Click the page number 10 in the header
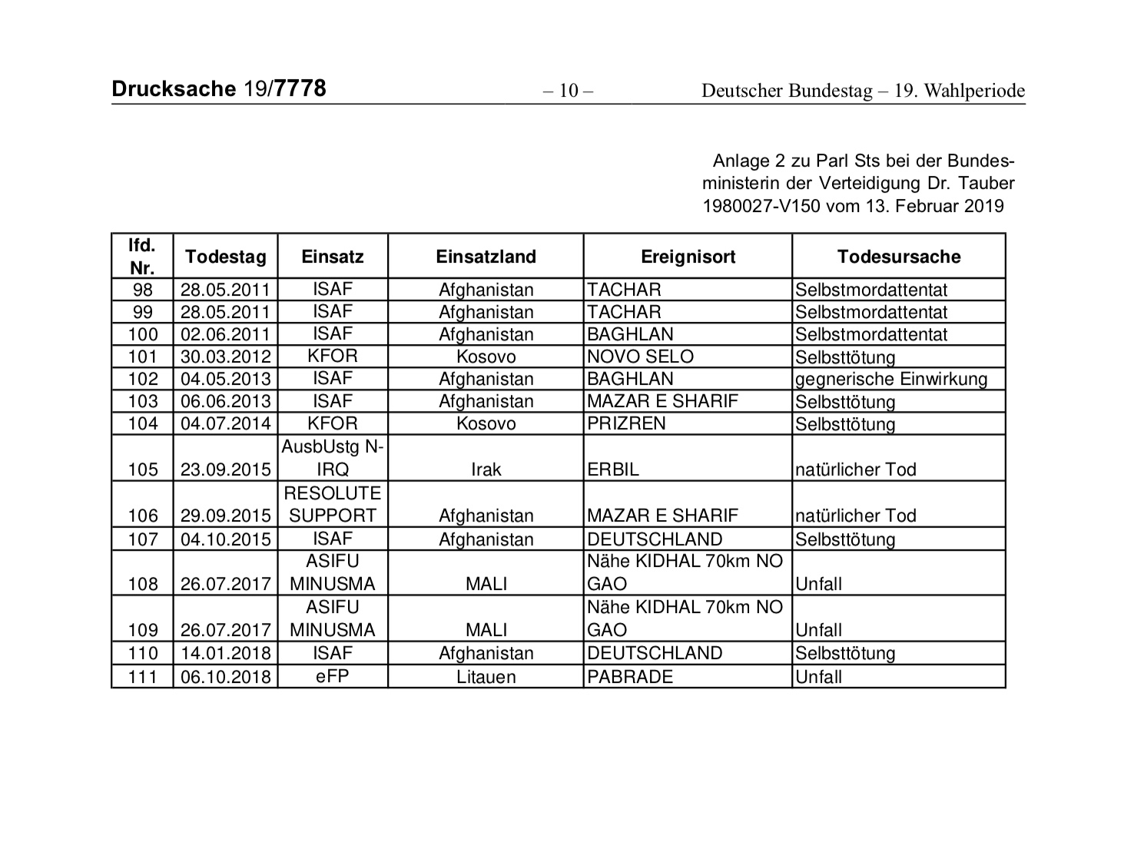point(568,91)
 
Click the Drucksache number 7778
point(300,89)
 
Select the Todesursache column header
point(898,257)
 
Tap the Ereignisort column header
point(688,257)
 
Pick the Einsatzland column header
point(486,257)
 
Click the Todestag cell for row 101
point(225,356)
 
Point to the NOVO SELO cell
point(640,356)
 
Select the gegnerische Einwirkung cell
point(890,379)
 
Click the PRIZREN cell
point(626,423)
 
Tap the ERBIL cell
point(612,469)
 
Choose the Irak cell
point(486,469)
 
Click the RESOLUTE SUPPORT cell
point(333,504)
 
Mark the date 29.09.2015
point(225,515)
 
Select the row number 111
point(143,676)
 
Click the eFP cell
point(333,676)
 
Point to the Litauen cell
point(486,677)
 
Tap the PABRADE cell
point(629,677)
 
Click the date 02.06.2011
point(225,334)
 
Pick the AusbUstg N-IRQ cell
point(333,458)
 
